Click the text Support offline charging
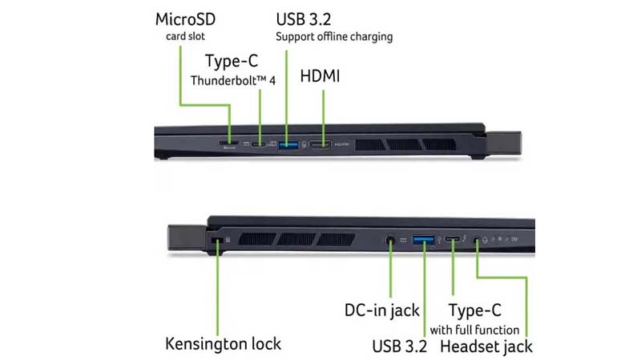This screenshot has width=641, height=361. (334, 37)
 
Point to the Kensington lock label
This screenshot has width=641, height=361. (223, 343)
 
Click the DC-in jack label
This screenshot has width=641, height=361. (381, 310)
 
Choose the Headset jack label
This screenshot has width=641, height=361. (486, 347)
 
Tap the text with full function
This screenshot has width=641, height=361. (474, 329)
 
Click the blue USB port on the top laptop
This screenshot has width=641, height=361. (287, 144)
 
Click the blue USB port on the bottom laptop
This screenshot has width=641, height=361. (424, 239)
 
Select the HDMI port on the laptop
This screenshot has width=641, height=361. (321, 144)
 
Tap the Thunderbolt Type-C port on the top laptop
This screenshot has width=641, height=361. (257, 144)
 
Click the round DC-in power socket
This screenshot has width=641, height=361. (391, 239)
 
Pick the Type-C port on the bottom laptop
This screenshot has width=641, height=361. (454, 239)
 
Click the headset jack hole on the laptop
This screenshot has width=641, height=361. (478, 239)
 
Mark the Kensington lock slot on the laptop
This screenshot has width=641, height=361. (215, 239)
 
